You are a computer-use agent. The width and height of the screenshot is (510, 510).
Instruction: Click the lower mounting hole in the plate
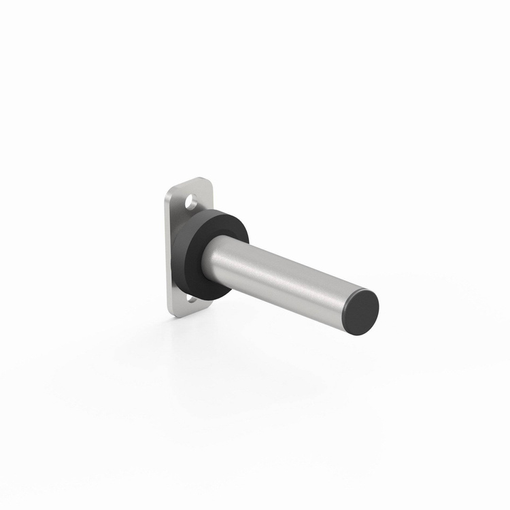pos(192,299)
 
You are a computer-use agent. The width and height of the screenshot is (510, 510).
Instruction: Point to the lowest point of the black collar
pos(204,301)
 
